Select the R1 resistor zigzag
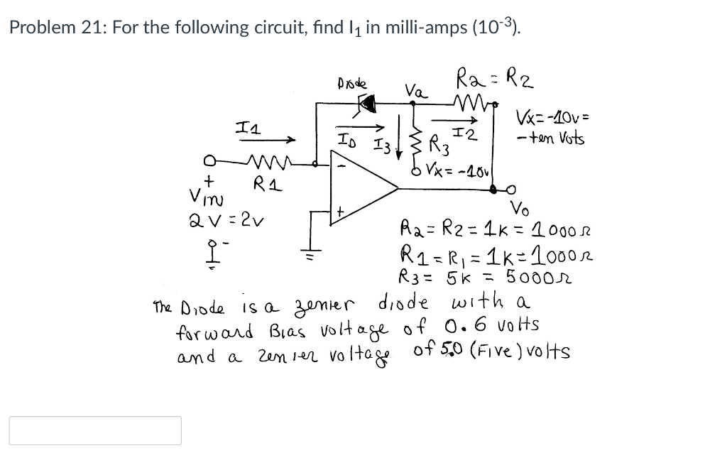(268, 168)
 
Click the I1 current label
(246, 128)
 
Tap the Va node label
(416, 90)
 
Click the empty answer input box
(95, 430)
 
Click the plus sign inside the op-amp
(340, 211)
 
